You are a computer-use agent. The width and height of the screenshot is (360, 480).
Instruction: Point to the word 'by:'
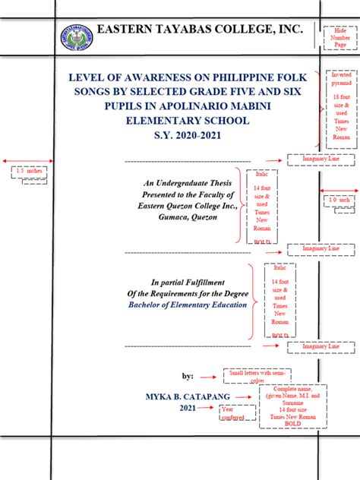188,376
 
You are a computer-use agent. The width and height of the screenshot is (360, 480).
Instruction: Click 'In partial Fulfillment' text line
189,281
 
